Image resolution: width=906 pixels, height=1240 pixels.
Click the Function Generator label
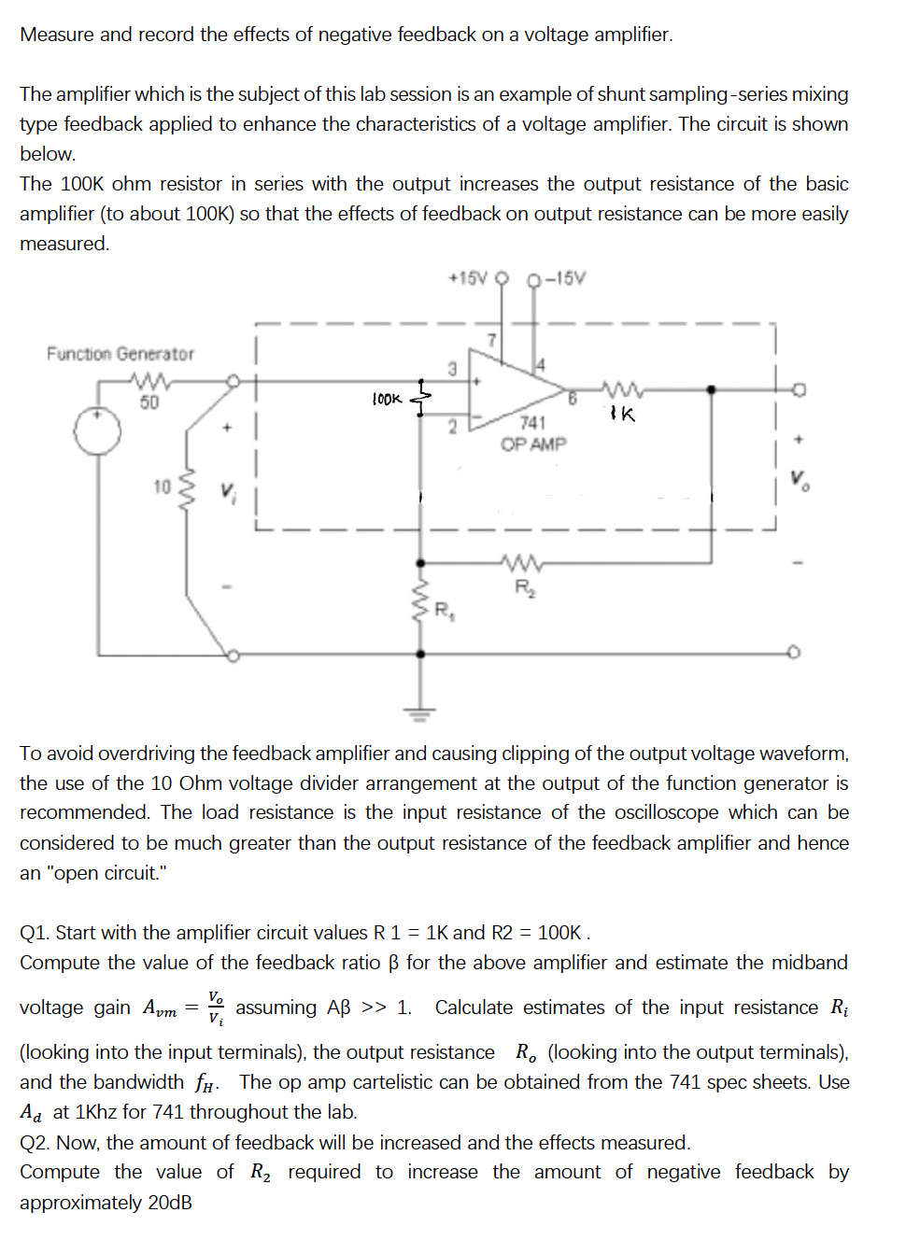120,354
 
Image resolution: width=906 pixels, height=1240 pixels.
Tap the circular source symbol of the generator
98,431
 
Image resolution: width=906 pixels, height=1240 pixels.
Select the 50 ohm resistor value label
149,402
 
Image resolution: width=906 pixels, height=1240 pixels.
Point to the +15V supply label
468,278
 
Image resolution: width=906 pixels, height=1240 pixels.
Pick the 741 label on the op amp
532,423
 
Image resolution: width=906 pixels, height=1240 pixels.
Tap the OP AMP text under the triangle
533,444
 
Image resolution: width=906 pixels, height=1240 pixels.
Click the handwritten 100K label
387,400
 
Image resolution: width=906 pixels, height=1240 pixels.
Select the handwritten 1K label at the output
622,414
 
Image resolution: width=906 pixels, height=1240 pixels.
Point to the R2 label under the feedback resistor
524,587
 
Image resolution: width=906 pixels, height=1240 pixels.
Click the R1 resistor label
445,611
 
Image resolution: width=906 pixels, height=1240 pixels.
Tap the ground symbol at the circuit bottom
420,715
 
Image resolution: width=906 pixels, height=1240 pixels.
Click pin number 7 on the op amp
492,340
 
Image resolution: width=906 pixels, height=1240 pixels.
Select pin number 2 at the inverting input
452,428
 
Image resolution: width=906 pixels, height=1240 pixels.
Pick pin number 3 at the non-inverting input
452,369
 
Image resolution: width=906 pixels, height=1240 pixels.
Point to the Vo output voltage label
800,480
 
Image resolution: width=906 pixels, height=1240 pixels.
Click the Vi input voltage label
228,491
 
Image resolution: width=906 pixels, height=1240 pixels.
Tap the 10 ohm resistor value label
163,486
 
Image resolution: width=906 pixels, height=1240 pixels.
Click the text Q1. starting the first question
35,933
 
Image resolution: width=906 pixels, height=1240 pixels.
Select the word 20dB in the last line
170,1203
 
